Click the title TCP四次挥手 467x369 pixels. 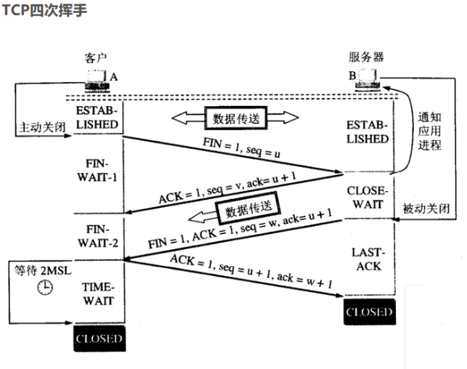coord(42,9)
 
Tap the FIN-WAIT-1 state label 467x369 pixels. coord(97,169)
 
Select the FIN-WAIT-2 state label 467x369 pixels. coord(97,234)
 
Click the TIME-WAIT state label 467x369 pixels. coord(97,293)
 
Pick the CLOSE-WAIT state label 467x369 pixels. coord(368,197)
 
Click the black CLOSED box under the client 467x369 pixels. coord(99,338)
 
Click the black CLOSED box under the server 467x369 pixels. coord(369,312)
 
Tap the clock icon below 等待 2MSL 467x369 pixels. coord(45,287)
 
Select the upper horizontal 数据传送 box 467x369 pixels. coord(235,118)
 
